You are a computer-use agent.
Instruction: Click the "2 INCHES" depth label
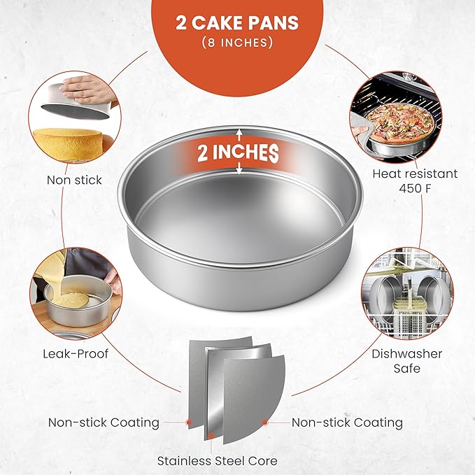point(238,152)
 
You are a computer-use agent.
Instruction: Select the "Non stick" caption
point(74,180)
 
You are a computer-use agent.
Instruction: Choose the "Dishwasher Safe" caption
point(406,361)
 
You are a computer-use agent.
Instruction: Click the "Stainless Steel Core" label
point(217,461)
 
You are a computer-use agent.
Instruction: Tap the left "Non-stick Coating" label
point(104,423)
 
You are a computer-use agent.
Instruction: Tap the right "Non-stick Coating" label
point(347,423)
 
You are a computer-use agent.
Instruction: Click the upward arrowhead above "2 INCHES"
point(239,132)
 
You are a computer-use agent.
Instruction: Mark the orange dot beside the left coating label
point(189,423)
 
